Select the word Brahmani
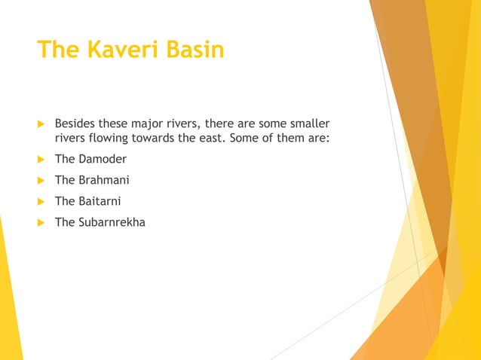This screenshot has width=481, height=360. point(104,181)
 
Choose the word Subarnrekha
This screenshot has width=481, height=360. point(112,222)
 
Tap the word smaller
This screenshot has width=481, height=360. point(309,123)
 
